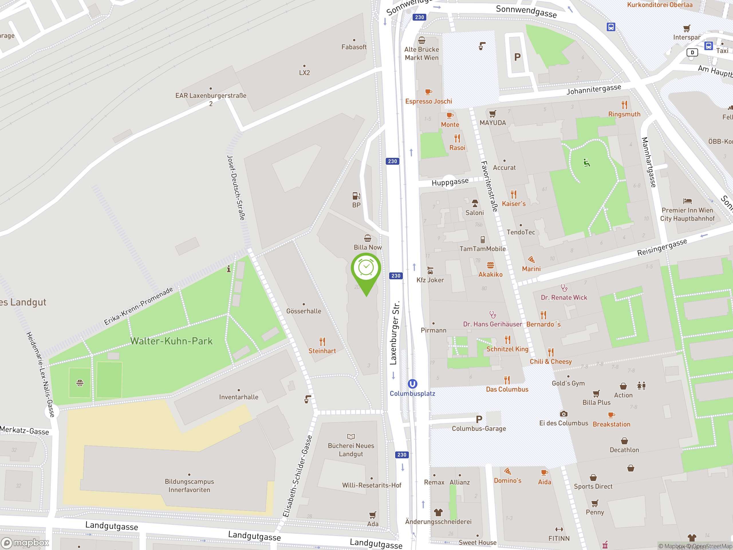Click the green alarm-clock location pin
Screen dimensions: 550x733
(366, 268)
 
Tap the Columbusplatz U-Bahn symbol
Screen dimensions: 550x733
(412, 384)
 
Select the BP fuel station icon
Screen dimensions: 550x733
(356, 196)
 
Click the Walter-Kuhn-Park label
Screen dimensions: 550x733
(171, 341)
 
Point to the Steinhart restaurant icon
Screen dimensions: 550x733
(322, 341)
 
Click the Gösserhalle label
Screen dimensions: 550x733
(304, 311)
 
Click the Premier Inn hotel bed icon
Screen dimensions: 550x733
(687, 201)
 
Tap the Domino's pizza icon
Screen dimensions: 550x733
(507, 472)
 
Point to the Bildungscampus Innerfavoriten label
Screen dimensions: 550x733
(189, 486)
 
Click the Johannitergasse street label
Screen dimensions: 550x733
(594, 89)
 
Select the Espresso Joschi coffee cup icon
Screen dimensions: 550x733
(428, 92)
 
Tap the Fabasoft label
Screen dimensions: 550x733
(354, 47)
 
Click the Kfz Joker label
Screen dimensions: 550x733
(430, 280)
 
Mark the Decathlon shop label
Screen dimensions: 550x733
(624, 450)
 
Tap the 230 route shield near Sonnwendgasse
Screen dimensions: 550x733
(419, 17)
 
